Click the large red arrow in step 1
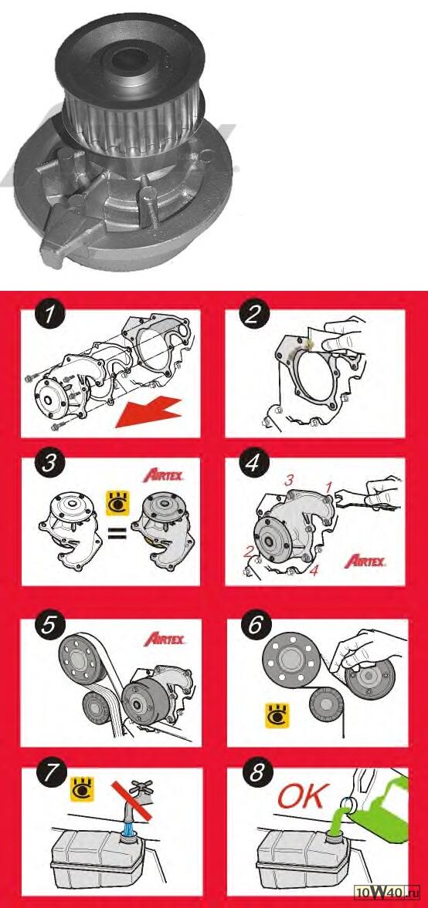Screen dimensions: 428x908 146,410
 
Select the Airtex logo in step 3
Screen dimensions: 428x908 164,477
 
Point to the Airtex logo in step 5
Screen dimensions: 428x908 165,640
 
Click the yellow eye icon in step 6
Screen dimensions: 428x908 276,715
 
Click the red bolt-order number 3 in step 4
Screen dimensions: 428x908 289,480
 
